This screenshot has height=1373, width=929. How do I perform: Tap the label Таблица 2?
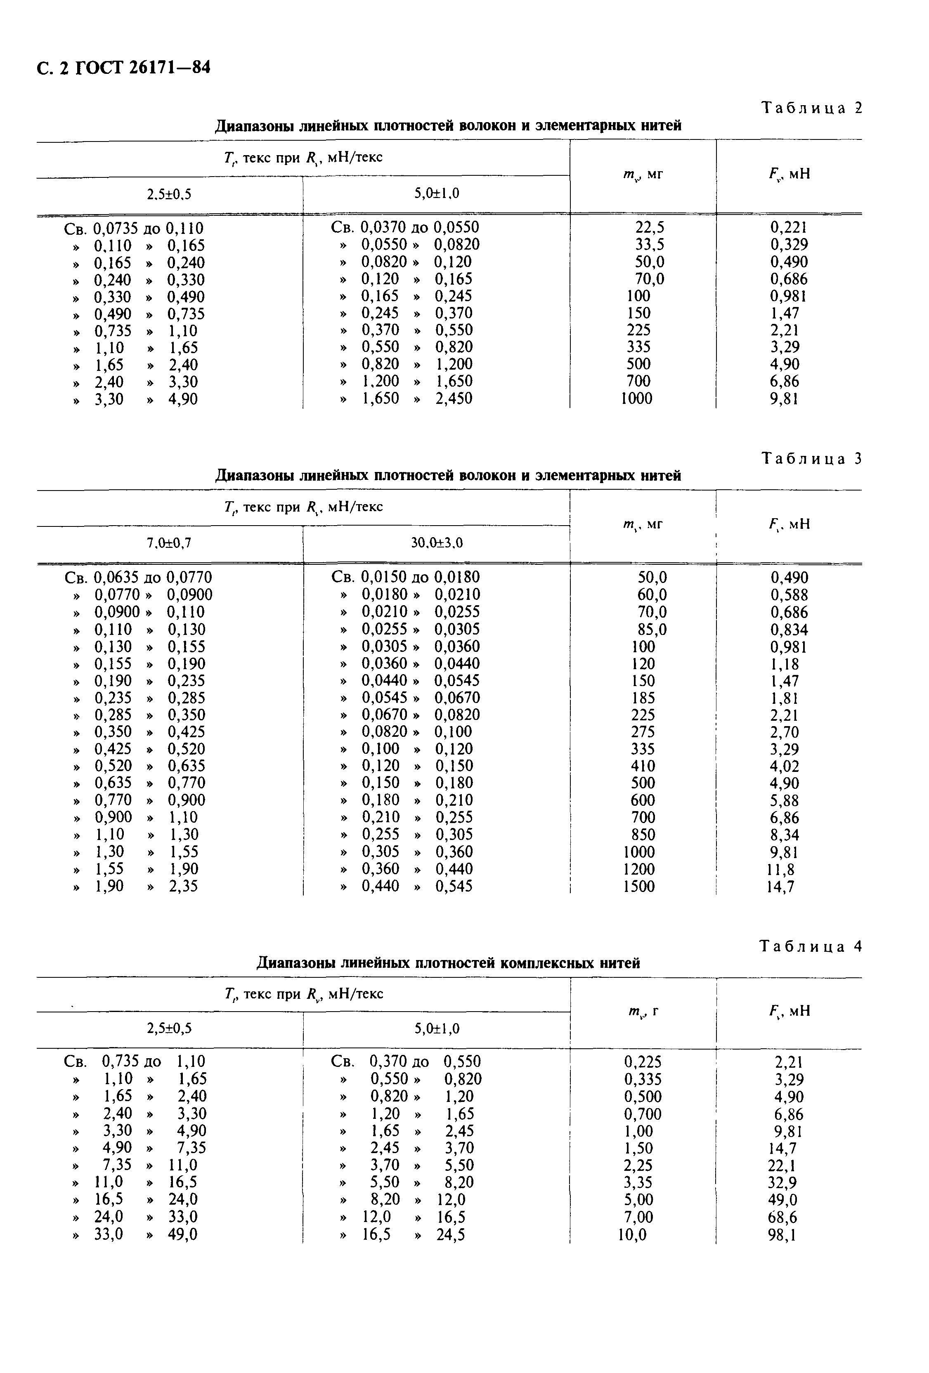[811, 108]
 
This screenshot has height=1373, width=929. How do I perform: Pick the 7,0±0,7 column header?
[169, 543]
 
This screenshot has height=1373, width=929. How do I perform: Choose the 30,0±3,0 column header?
[437, 543]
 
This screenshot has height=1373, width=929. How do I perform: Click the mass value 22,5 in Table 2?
[650, 227]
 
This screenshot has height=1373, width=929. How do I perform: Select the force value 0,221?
[788, 227]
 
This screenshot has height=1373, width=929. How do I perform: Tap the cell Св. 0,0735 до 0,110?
[134, 228]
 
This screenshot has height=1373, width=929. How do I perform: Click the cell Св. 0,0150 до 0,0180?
[405, 577]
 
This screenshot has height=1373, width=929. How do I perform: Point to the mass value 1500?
[639, 886]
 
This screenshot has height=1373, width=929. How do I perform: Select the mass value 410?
[643, 766]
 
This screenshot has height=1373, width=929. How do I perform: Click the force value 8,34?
[784, 835]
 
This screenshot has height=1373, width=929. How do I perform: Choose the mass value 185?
[643, 698]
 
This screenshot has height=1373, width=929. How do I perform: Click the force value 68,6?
[782, 1217]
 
